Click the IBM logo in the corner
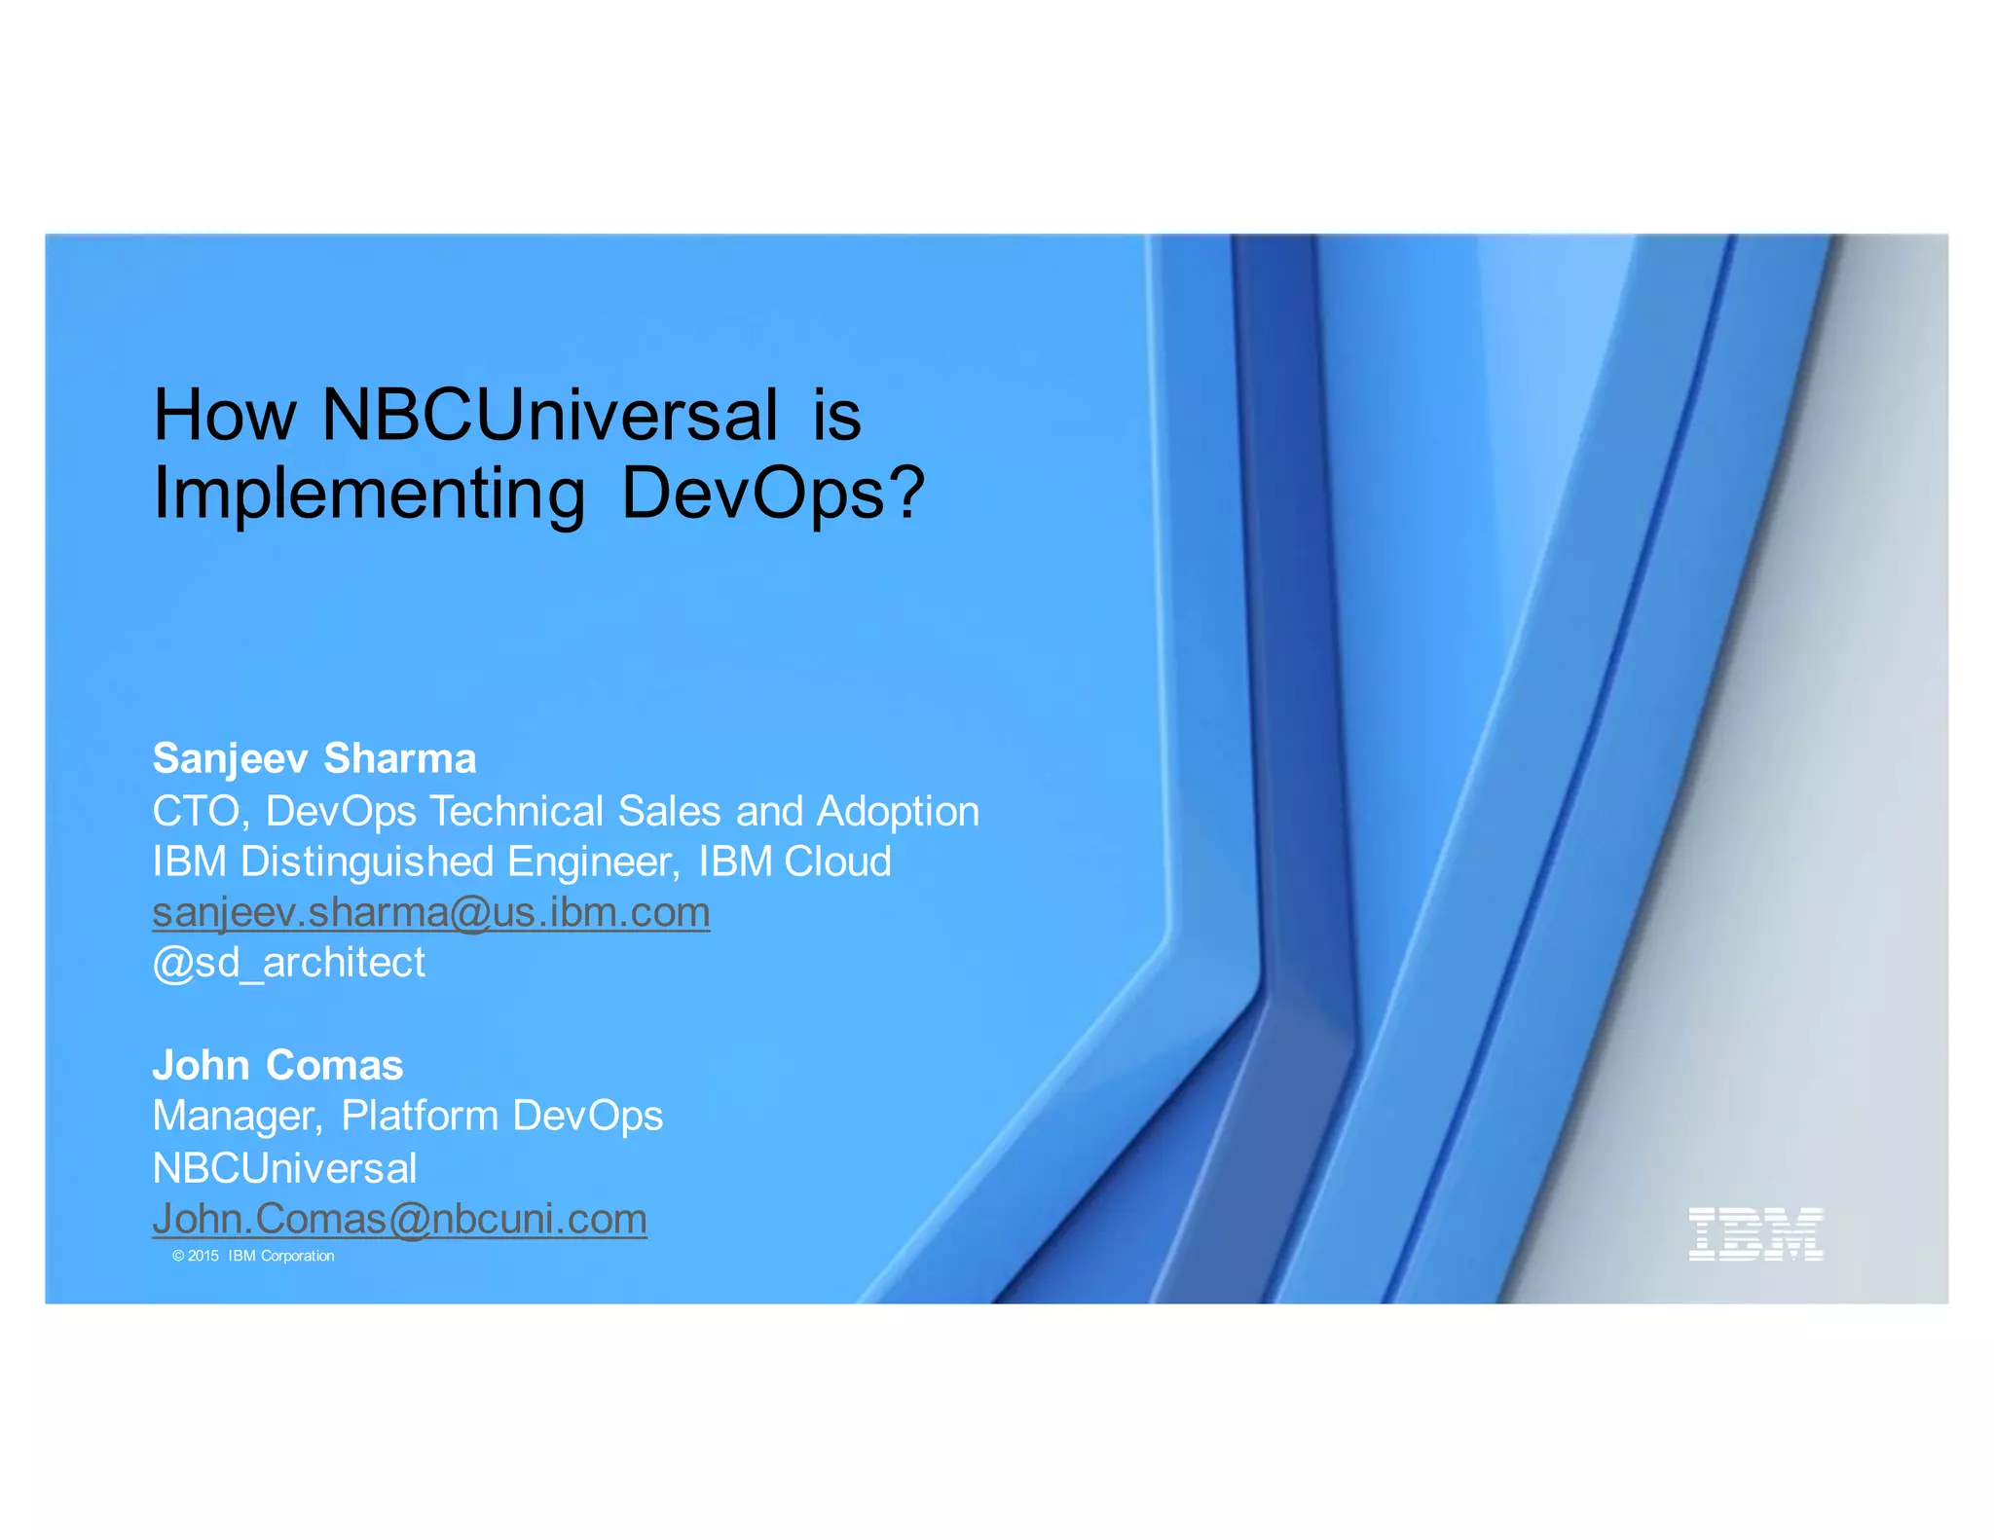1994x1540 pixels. [x=1754, y=1233]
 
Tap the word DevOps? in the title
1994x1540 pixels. [x=772, y=494]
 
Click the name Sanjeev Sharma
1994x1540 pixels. [x=314, y=758]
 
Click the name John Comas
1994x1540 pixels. [x=277, y=1065]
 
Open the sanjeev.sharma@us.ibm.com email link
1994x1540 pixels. [x=431, y=912]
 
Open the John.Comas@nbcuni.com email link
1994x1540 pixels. [x=399, y=1219]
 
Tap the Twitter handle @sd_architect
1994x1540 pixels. [x=289, y=963]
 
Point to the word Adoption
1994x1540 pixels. [x=898, y=811]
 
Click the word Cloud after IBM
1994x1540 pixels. [x=837, y=862]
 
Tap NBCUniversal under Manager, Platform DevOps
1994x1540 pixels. [x=284, y=1168]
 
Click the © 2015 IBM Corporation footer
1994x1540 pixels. [x=253, y=1256]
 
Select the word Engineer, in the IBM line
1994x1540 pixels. [x=593, y=862]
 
